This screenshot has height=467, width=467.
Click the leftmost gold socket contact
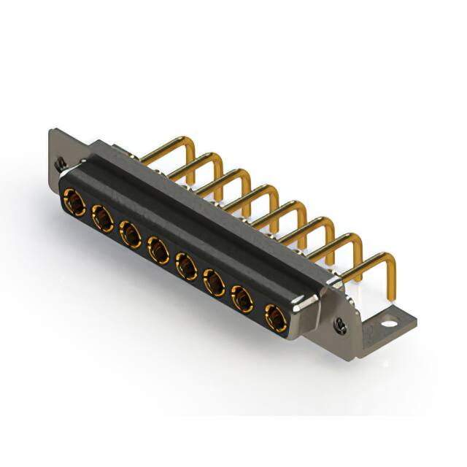[74, 198]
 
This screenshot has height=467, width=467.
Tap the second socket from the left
[101, 216]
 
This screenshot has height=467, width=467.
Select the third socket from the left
[130, 233]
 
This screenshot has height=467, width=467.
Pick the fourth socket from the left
[158, 250]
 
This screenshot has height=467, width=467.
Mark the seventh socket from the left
[242, 300]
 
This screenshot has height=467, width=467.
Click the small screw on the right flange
[340, 322]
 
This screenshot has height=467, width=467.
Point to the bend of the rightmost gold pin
[389, 256]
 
